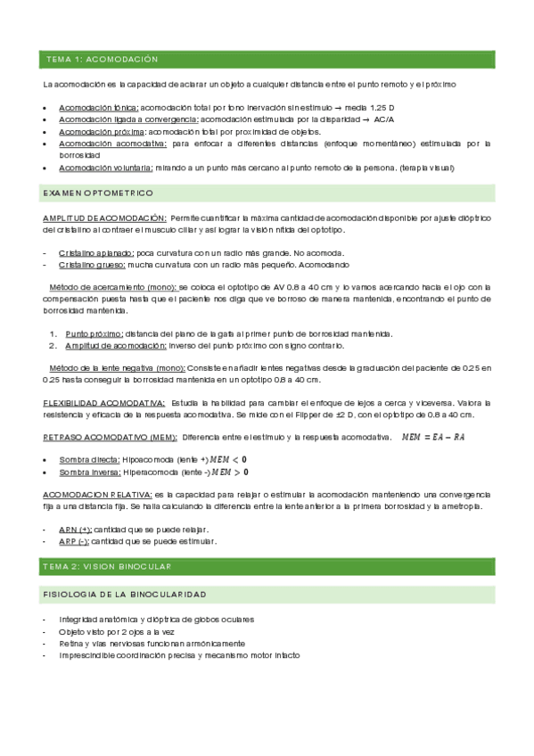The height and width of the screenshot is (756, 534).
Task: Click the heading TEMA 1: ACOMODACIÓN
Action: point(102,59)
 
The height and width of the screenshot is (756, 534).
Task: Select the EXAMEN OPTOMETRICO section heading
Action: point(98,193)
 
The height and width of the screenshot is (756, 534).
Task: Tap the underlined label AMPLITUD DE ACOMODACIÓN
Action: point(104,218)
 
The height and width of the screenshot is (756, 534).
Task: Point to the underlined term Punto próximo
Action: point(94,333)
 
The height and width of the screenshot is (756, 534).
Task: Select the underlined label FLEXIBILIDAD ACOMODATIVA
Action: point(103,403)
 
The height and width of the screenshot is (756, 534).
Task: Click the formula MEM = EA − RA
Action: point(433,437)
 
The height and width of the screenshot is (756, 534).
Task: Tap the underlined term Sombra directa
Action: point(90,458)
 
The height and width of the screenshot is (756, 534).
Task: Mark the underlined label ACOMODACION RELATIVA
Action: point(97,494)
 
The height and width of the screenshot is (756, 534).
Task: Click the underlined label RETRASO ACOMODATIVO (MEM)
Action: point(109,438)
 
